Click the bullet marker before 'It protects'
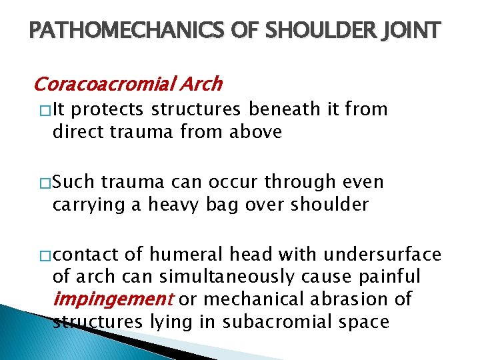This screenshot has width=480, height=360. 43,111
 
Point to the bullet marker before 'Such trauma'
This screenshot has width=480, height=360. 43,183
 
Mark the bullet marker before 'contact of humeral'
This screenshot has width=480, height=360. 43,255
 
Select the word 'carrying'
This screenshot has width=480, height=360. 87,204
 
